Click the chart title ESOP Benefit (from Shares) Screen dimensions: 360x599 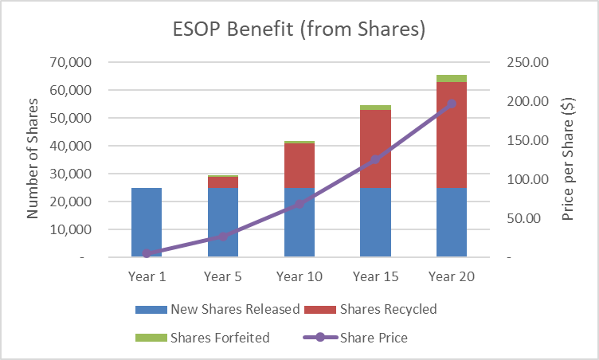pyautogui.click(x=299, y=30)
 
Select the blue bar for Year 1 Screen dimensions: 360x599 pyautogui.click(x=147, y=222)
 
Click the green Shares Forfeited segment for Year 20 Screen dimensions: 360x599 pyautogui.click(x=452, y=78)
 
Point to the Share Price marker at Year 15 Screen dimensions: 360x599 pyautogui.click(x=375, y=159)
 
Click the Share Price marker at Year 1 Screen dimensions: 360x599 pyautogui.click(x=147, y=253)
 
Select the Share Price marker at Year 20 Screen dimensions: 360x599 pyautogui.click(x=452, y=104)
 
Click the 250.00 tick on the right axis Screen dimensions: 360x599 pyautogui.click(x=527, y=62)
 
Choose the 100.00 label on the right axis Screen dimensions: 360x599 pyautogui.click(x=527, y=179)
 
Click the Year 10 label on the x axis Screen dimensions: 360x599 pyautogui.click(x=299, y=276)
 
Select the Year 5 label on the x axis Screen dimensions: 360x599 pyautogui.click(x=223, y=276)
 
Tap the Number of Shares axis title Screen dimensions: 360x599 pyautogui.click(x=33, y=159)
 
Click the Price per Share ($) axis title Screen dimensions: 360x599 pyautogui.click(x=568, y=159)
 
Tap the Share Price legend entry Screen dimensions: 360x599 pyautogui.click(x=355, y=337)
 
